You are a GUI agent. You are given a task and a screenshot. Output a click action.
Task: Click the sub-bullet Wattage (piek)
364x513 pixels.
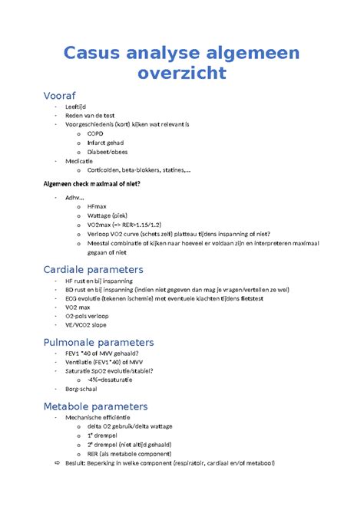tap(109, 215)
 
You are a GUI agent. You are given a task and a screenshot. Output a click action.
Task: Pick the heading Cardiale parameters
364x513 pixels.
tap(93, 270)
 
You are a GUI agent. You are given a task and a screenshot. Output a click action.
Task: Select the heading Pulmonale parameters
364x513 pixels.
tap(98, 343)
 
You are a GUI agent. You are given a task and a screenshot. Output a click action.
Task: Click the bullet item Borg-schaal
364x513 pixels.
tap(84, 389)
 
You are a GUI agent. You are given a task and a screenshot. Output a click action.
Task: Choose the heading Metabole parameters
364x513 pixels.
tap(95, 406)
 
